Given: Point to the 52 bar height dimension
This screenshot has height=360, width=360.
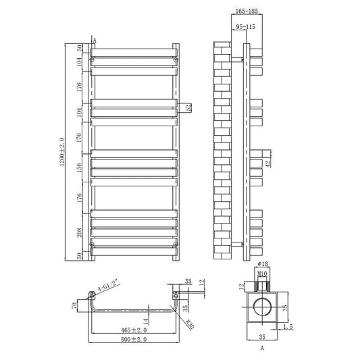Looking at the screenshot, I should coord(188,107).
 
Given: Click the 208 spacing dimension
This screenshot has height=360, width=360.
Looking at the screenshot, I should coord(79,232).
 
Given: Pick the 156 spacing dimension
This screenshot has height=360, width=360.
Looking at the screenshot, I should coord(79,168).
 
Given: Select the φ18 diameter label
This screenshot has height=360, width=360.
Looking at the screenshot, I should coord(264,265).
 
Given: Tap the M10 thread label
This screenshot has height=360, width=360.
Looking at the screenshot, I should coord(264,274).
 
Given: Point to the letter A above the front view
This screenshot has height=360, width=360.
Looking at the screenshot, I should coord(94,41).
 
